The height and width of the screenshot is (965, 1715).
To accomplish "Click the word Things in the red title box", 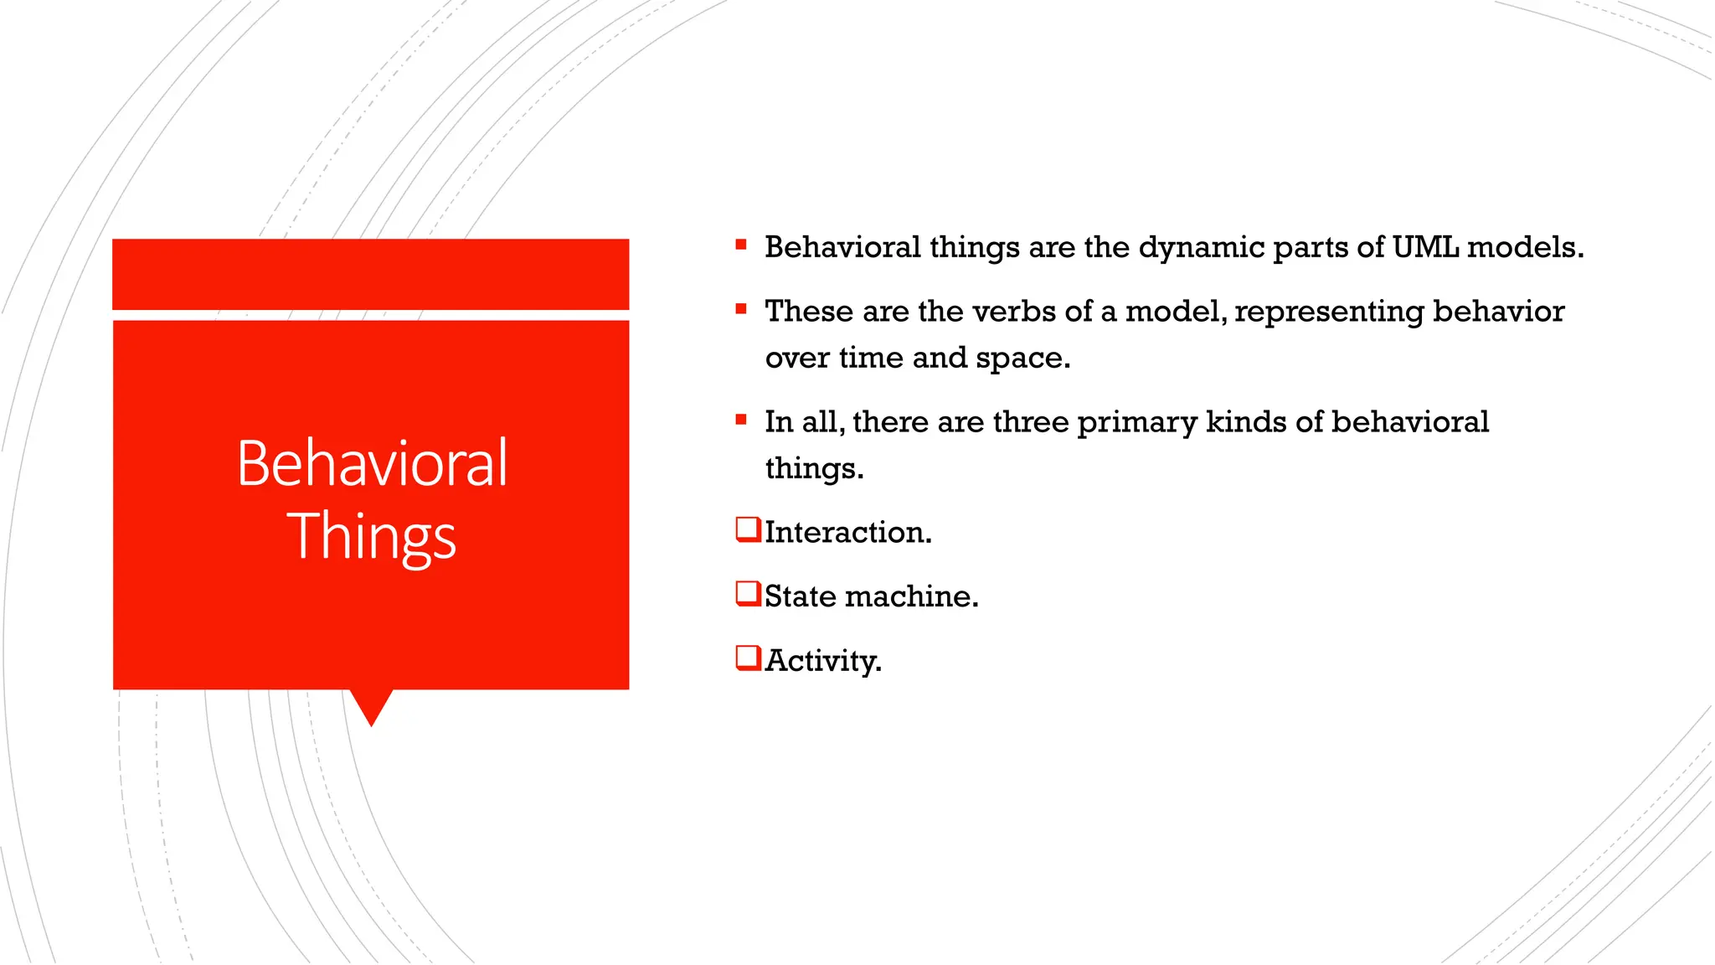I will coord(372,536).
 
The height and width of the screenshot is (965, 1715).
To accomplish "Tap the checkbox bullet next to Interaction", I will coord(747,529).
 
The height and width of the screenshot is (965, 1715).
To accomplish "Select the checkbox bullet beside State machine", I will coord(747,594).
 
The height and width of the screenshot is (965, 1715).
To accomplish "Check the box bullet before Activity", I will coord(747,658).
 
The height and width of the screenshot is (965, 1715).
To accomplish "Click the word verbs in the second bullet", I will coord(1014,312).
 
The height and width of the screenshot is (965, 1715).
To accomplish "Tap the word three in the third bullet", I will coord(1030,421).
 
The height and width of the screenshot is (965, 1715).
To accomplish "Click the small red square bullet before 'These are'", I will coord(741,309).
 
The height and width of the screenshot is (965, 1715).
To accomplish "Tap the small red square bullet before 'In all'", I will coord(741,420).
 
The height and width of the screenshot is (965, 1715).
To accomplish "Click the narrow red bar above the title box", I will coord(371,274).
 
